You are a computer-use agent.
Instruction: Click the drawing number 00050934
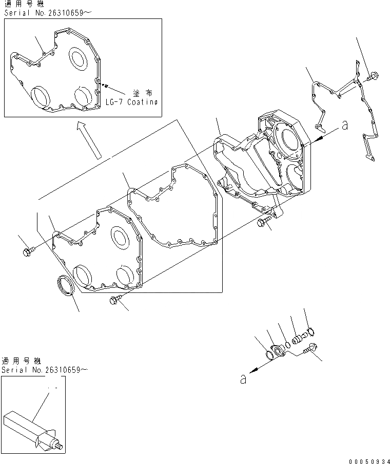[x=366, y=458]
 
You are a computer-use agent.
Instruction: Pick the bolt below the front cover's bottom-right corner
[x=114, y=302]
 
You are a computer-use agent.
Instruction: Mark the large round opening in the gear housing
[x=289, y=138]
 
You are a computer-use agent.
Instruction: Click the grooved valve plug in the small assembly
[x=299, y=339]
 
